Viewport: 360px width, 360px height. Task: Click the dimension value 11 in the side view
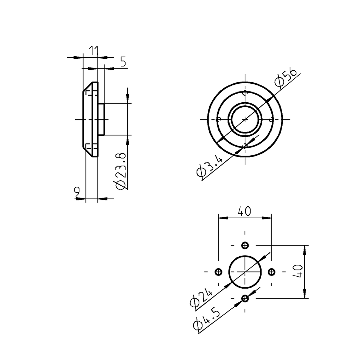pos(93,51)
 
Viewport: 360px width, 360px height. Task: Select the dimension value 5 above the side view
pos(123,62)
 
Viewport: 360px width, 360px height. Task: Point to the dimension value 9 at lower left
pos(77,192)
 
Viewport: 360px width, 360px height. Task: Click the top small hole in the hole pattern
pos(245,245)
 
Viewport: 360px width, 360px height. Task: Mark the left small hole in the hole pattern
pos(218,272)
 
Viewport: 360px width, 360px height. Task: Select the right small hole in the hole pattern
pos(272,272)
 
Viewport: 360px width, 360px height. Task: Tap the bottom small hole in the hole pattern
pos(245,298)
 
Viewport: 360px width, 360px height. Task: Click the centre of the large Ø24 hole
pos(245,272)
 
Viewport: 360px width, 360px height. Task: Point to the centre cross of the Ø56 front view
pos(245,119)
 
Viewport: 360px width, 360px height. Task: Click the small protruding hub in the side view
pos(101,120)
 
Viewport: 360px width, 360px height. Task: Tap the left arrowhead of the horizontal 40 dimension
pos(223,218)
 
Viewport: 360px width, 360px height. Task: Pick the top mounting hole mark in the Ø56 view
pos(245,93)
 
